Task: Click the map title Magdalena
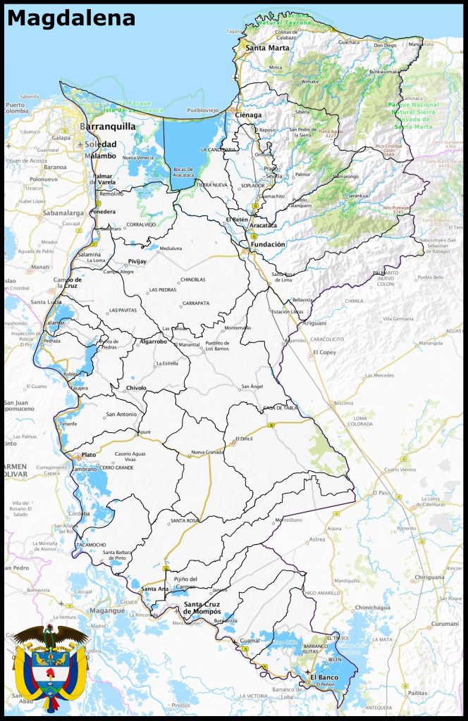[70, 18]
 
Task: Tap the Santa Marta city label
[267, 48]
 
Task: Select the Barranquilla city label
[108, 127]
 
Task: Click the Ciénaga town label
[249, 115]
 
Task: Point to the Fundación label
[267, 244]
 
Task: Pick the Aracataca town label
[263, 226]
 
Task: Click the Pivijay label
[137, 261]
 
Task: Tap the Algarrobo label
[154, 341]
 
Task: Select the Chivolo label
[136, 388]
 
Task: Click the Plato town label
[89, 455]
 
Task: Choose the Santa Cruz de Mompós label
[202, 608]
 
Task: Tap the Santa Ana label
[155, 589]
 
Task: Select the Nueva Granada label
[207, 452]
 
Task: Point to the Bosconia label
[343, 403]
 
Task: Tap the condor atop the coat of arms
[49, 636]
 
